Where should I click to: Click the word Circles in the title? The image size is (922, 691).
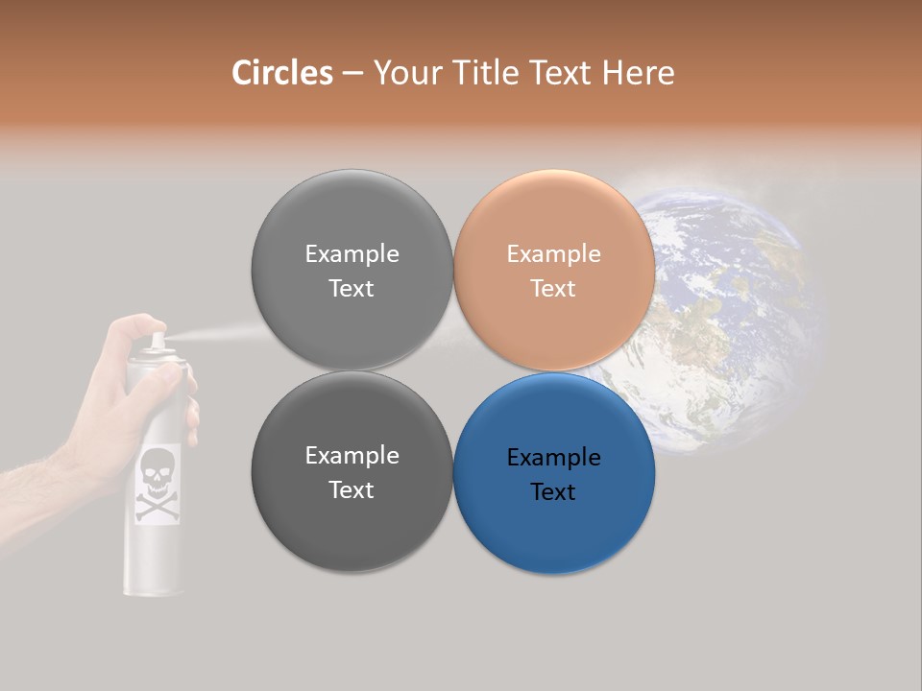281,73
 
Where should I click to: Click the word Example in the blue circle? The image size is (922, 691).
553,458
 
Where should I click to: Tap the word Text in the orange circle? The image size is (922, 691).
553,289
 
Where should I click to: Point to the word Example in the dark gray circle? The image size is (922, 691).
352,456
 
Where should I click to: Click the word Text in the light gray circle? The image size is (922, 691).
352,289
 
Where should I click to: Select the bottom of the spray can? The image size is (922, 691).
154,585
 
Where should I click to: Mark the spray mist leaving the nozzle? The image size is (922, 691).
211,335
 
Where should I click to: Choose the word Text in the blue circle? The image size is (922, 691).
553,492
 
